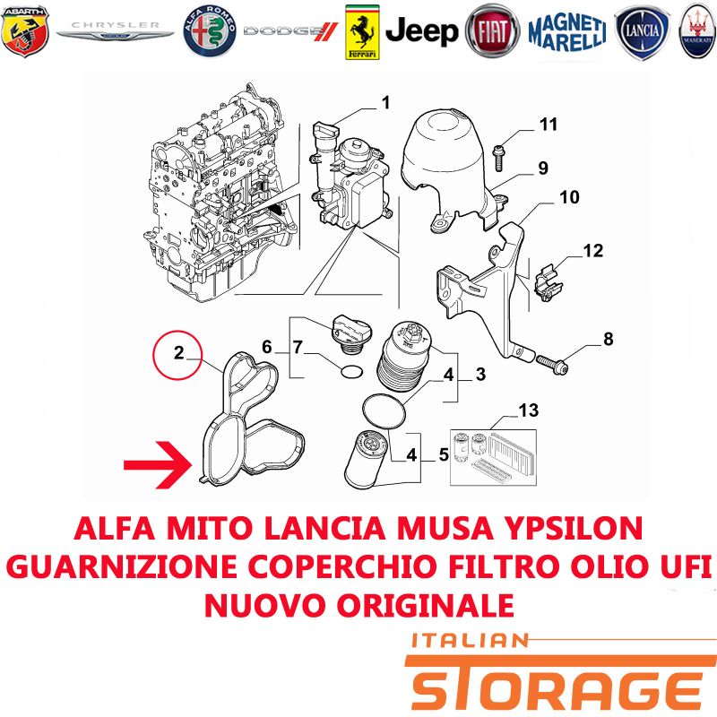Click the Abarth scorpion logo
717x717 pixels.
25,31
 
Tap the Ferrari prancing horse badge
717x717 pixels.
362,32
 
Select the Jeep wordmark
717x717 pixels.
421,31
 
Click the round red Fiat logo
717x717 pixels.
492,31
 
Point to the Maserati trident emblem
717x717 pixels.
697,31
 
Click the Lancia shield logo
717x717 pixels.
643,32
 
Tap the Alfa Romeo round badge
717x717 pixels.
210,31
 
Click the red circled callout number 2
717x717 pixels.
177,355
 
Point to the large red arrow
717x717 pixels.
158,465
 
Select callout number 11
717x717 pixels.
549,125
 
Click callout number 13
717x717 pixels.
529,410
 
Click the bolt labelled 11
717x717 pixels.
498,157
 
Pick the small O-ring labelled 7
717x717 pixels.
352,372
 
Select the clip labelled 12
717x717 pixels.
548,283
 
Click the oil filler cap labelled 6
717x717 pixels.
351,334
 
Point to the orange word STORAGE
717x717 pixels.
556,686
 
